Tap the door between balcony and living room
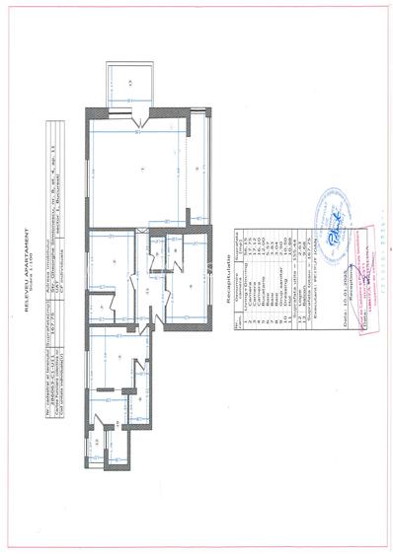144,122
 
